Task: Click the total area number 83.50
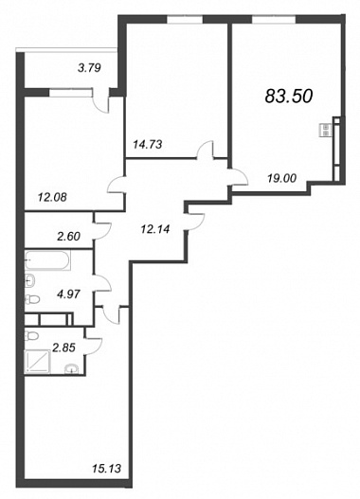[289, 96]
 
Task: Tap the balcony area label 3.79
[89, 68]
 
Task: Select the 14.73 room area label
[148, 145]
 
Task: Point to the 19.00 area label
[281, 178]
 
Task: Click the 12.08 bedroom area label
[52, 198]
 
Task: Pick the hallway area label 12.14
[155, 228]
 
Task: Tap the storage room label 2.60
[68, 237]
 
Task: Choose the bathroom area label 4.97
[68, 294]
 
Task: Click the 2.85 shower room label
[64, 348]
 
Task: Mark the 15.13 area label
[107, 469]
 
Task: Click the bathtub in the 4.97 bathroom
[47, 260]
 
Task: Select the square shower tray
[37, 362]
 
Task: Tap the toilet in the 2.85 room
[31, 335]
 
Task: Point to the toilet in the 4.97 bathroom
[32, 299]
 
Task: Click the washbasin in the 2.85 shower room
[72, 369]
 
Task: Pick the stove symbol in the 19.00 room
[326, 130]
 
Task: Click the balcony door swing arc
[100, 102]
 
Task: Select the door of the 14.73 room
[206, 150]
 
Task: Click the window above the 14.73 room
[185, 19]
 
